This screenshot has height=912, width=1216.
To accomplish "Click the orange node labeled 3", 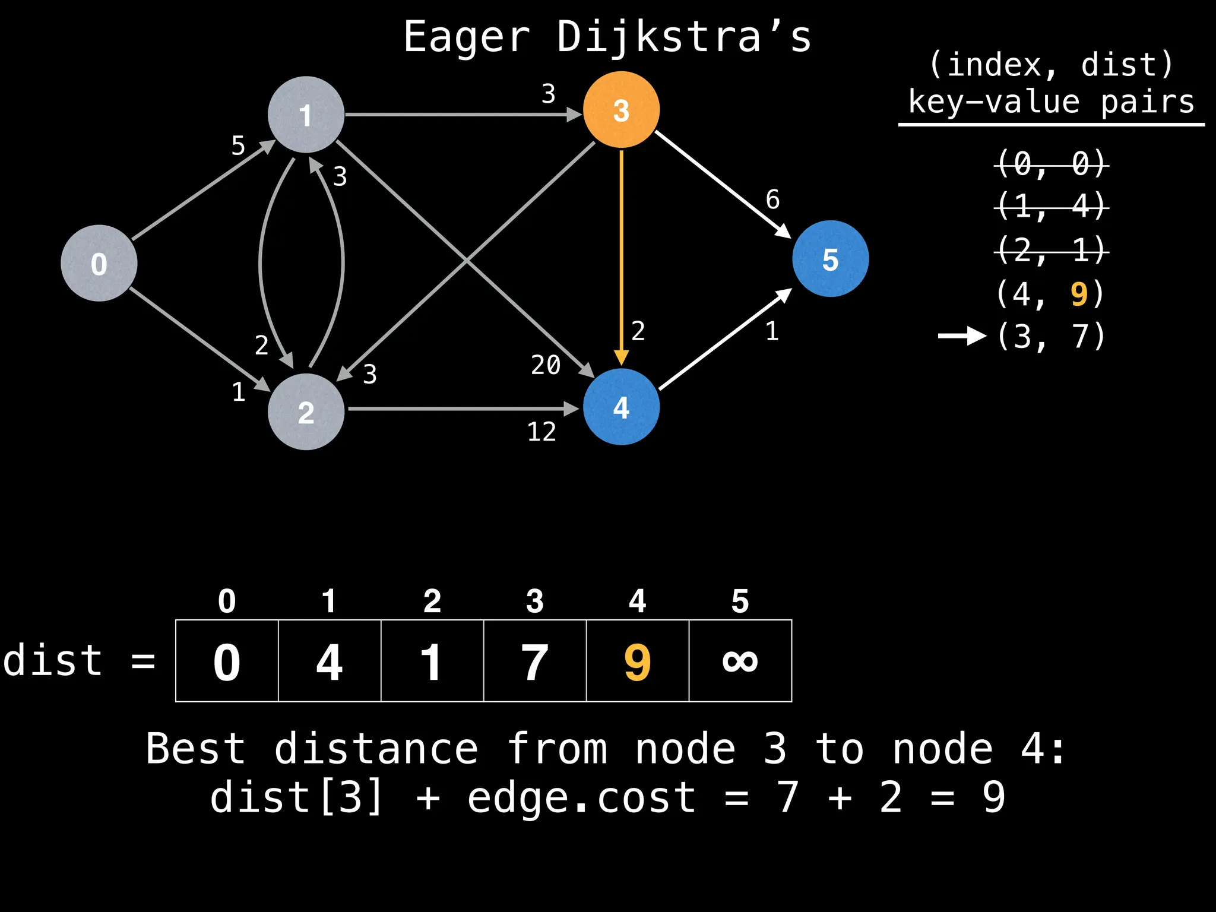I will (x=621, y=110).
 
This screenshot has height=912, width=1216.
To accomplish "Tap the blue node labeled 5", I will (x=830, y=259).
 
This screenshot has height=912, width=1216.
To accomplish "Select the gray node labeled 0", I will (x=99, y=263).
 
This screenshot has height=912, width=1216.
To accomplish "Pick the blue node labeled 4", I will (x=621, y=407).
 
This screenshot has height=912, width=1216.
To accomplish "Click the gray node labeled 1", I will (x=306, y=115).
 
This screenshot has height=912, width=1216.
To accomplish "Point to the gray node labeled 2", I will (x=306, y=411).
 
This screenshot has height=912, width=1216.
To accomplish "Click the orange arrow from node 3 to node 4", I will (x=621, y=255).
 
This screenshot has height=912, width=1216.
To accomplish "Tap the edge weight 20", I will (x=546, y=365).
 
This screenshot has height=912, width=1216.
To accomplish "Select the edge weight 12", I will (x=541, y=432).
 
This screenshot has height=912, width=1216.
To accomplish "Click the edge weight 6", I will (x=772, y=199).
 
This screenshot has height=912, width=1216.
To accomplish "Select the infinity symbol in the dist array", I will (x=740, y=661).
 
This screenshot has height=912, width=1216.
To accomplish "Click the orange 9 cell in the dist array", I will (x=637, y=661).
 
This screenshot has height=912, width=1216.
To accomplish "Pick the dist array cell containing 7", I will (x=534, y=661).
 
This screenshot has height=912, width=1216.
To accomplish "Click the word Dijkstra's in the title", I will (x=683, y=37).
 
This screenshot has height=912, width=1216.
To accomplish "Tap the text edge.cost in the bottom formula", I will (x=581, y=797).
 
